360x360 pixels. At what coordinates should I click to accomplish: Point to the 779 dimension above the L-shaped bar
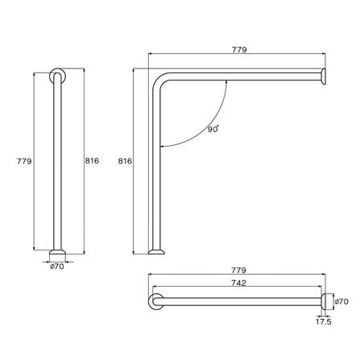pyautogui.click(x=237, y=50)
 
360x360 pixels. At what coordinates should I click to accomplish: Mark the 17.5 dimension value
pyautogui.click(x=324, y=321)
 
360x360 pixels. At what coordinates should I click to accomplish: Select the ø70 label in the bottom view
pyautogui.click(x=342, y=301)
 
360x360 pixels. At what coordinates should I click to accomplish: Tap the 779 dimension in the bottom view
pyautogui.click(x=237, y=271)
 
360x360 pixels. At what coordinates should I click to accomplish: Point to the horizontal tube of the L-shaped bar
pyautogui.click(x=242, y=77)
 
